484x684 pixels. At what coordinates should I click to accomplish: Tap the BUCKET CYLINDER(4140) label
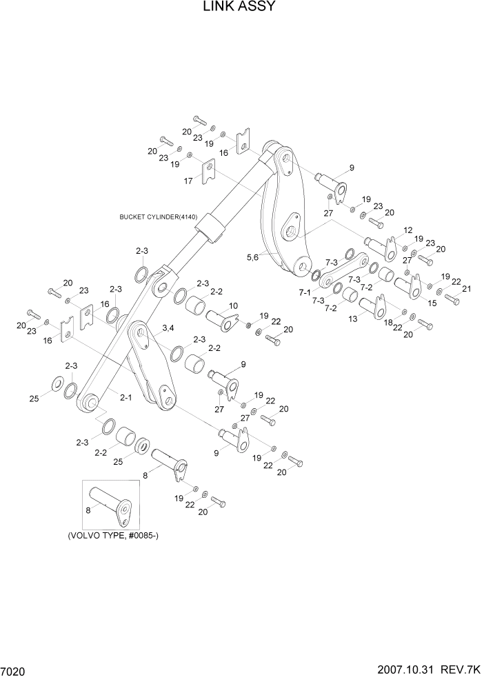click(x=159, y=217)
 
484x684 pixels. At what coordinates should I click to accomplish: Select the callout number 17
click(x=188, y=181)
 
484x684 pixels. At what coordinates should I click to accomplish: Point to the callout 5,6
click(x=253, y=256)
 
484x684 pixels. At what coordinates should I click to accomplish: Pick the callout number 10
click(x=234, y=305)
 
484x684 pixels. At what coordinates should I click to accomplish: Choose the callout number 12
click(x=407, y=230)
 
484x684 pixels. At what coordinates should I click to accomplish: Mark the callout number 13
click(x=354, y=319)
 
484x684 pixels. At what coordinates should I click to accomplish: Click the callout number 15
click(x=433, y=303)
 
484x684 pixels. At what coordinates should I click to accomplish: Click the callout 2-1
click(x=125, y=397)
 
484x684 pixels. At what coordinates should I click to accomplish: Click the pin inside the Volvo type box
click(x=110, y=505)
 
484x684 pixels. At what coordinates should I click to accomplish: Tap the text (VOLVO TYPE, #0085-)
click(x=117, y=536)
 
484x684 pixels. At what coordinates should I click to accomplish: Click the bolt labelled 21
click(x=452, y=299)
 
